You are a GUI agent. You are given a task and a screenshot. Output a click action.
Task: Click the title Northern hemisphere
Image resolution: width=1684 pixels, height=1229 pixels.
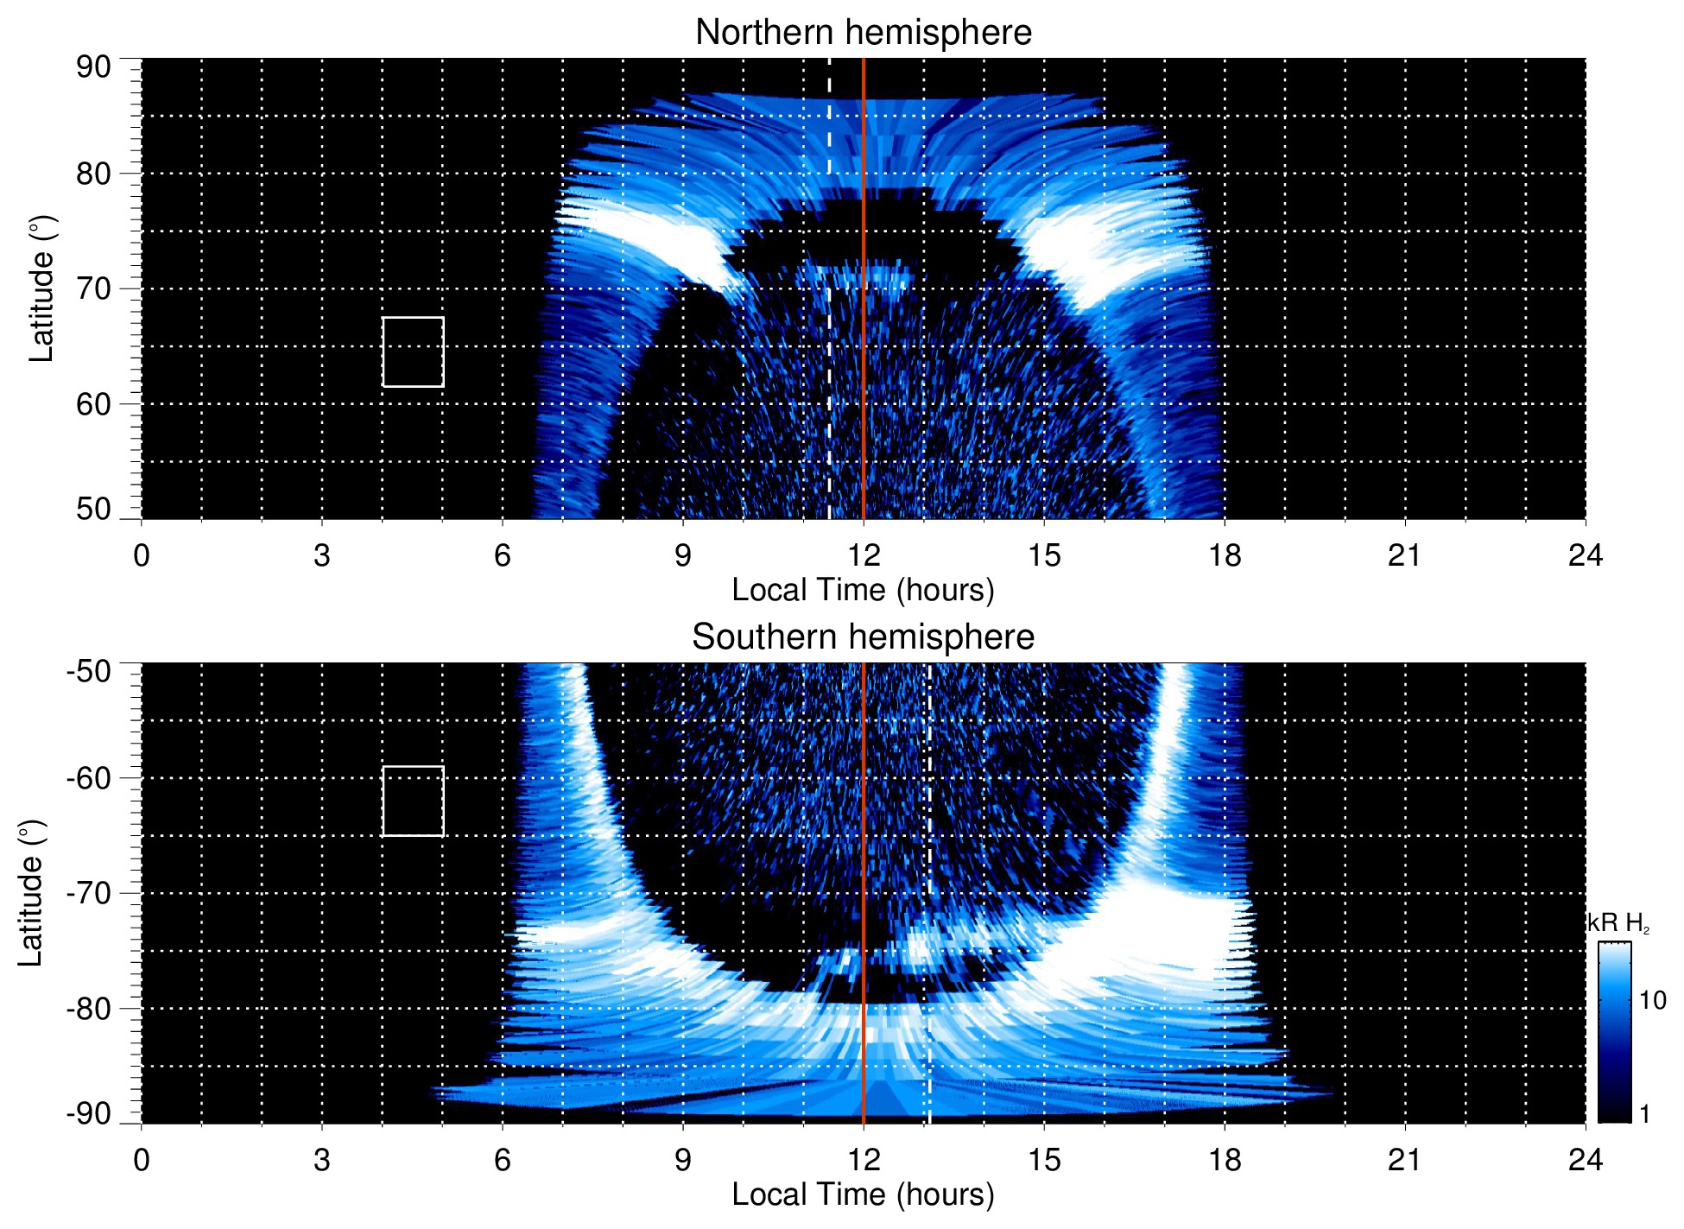(863, 33)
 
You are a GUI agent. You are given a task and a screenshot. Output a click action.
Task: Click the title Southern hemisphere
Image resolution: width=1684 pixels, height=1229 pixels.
(863, 637)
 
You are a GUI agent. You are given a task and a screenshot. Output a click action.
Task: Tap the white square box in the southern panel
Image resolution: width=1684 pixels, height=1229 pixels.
(413, 801)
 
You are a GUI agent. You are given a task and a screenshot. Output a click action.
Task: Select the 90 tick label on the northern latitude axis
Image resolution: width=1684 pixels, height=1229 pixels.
(93, 67)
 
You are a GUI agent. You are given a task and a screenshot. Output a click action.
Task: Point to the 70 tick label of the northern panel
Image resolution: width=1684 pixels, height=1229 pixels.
(93, 288)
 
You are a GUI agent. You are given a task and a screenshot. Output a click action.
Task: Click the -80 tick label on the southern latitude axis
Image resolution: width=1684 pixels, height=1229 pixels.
(89, 1008)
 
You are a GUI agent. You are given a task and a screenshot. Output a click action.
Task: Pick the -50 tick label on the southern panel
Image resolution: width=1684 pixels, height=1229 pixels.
(89, 671)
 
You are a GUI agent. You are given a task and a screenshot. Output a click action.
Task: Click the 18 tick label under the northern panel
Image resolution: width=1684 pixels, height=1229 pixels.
(1224, 555)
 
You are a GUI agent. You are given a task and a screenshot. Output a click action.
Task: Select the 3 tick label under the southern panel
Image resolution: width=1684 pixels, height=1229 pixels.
(321, 1160)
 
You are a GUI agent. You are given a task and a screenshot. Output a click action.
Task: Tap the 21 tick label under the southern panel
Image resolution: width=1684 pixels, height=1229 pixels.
(1404, 1160)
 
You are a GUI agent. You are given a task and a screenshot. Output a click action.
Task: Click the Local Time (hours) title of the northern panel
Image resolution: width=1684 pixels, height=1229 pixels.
(863, 591)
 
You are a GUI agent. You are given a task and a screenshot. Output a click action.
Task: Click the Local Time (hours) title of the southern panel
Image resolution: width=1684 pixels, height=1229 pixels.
(863, 1195)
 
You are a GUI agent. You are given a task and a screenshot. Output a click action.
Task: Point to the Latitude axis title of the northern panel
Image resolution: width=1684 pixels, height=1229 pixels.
(41, 288)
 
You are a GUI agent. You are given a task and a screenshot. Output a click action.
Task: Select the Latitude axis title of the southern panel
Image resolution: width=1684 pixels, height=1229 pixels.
(31, 893)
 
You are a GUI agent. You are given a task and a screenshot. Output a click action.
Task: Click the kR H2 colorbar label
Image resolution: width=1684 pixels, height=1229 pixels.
(1618, 923)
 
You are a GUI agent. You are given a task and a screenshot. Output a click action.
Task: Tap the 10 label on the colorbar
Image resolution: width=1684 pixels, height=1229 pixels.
(1652, 1001)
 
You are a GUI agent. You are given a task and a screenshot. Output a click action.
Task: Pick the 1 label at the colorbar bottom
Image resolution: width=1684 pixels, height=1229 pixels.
(1644, 1114)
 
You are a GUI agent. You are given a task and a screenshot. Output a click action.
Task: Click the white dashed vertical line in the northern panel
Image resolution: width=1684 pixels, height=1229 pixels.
(829, 173)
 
